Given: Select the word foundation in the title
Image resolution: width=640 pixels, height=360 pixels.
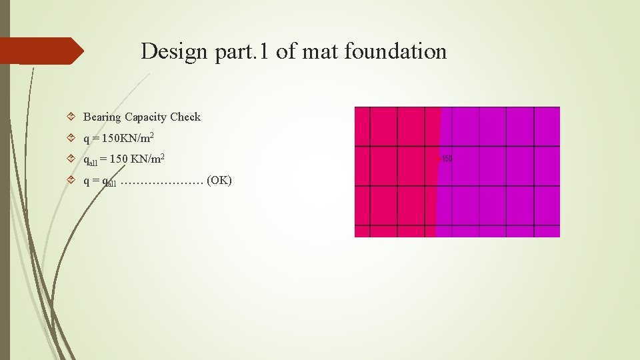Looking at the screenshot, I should click(395, 51).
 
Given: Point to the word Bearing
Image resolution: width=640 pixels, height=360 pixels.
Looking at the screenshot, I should click(102, 117).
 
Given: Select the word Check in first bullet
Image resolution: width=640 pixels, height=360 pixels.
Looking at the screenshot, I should click(185, 117).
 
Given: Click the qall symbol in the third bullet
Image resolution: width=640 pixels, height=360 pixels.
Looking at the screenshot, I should click(89, 161).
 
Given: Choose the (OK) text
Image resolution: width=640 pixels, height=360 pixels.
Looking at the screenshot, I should click(219, 181).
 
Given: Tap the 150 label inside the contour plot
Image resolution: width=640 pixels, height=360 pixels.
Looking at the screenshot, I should click(446, 159).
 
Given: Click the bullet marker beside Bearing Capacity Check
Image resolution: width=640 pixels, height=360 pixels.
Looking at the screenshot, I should click(72, 117).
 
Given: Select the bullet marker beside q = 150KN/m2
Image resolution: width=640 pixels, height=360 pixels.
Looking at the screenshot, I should click(72, 139).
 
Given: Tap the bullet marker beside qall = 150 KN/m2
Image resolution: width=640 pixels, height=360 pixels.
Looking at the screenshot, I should click(72, 160).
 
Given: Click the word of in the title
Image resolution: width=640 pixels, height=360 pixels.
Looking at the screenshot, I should click(285, 51).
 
